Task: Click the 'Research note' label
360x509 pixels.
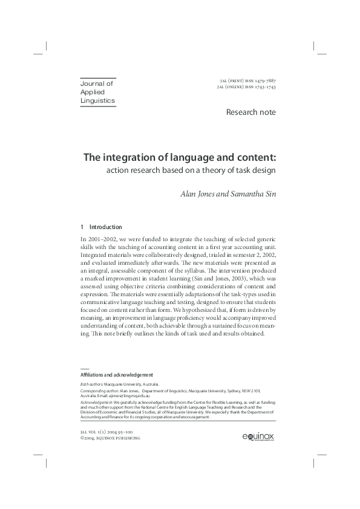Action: pos(250,112)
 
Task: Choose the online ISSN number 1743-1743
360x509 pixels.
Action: pos(264,87)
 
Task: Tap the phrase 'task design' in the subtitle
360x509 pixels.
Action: pos(253,170)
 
